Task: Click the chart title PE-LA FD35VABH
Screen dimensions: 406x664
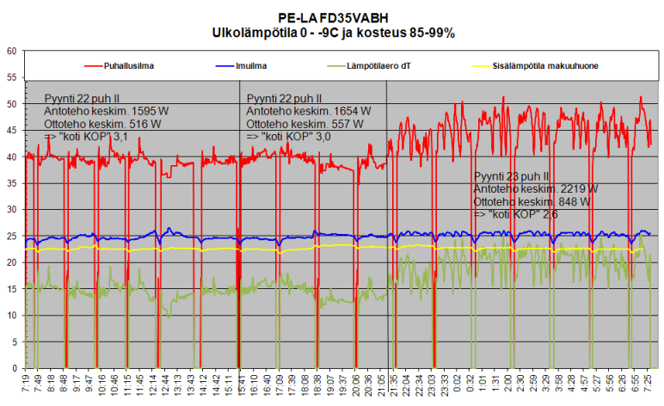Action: tap(333, 16)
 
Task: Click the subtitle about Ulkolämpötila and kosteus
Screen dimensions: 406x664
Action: tap(333, 32)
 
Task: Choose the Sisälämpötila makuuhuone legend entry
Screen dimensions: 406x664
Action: tap(543, 65)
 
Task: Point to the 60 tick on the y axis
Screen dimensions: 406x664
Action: tap(12, 52)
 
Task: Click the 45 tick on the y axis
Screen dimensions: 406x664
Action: tap(12, 131)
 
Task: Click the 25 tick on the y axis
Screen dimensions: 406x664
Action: tap(12, 237)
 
